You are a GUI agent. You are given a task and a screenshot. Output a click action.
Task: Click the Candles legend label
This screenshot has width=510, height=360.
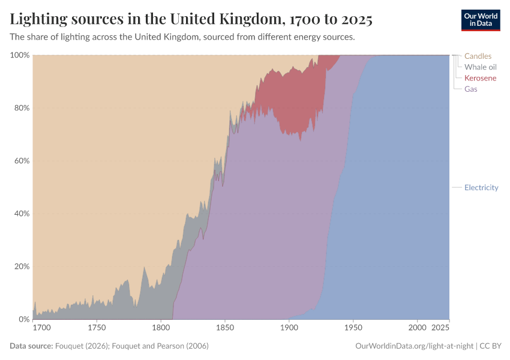point(478,56)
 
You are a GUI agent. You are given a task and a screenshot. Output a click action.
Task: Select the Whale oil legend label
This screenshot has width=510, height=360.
point(481,67)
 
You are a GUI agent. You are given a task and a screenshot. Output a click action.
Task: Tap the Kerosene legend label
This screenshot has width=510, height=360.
point(481,78)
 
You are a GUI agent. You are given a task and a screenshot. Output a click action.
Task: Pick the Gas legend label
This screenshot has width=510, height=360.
point(471,89)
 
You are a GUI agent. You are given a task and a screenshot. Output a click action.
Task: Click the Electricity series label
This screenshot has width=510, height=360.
point(481,188)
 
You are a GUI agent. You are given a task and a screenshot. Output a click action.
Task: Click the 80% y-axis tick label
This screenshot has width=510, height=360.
point(21,108)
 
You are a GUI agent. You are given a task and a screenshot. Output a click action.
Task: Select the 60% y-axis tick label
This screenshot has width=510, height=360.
point(21,161)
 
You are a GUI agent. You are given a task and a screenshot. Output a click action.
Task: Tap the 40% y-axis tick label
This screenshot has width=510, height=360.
point(21,214)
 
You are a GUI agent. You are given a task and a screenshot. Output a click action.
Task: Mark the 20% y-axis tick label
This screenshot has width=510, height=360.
point(21,266)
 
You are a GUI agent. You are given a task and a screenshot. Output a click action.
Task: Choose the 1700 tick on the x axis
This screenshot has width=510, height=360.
point(42,328)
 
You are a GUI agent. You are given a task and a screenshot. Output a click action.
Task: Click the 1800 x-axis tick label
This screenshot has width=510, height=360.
point(161,328)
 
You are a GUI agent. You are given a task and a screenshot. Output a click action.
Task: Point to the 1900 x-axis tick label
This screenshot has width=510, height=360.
point(289,328)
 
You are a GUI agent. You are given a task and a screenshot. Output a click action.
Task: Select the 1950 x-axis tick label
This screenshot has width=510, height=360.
point(353,328)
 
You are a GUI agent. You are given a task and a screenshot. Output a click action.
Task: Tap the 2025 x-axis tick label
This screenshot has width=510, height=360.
point(440,328)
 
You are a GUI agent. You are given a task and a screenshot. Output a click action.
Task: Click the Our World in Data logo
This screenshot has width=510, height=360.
point(480,20)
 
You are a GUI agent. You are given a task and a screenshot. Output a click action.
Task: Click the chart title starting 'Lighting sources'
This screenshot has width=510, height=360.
point(191,20)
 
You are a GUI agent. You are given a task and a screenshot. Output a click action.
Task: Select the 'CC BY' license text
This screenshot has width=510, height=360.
point(491,346)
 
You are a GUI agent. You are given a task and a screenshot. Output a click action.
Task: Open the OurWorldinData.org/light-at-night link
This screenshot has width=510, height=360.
point(415,346)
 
